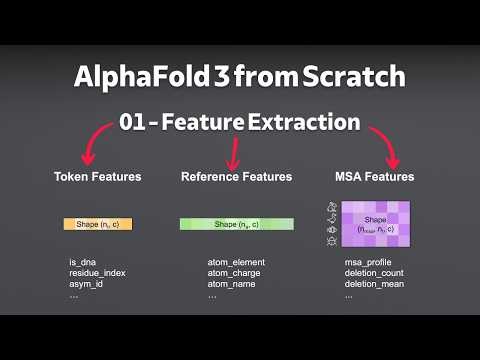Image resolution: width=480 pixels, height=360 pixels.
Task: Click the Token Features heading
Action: [98, 177]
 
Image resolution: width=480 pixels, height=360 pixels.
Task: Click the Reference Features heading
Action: [236, 177]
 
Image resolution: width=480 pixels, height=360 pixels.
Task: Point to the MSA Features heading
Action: [374, 177]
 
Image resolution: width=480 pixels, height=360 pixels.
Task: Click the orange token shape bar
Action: [98, 224]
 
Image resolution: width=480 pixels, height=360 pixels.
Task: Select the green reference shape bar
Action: [237, 224]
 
